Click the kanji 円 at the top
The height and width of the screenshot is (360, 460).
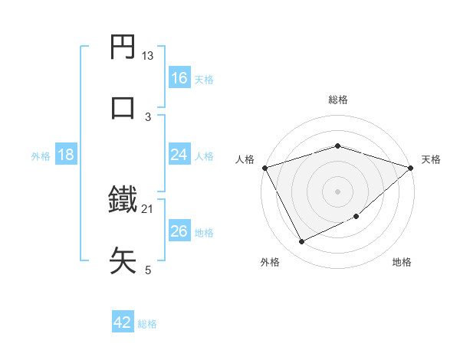(x=123, y=48)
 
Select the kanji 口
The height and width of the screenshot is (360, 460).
(x=123, y=107)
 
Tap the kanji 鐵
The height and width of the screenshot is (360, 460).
(x=123, y=200)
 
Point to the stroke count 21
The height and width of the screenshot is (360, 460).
(x=148, y=208)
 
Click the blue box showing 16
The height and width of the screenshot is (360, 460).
(x=179, y=78)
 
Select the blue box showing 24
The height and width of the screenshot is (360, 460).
(x=179, y=155)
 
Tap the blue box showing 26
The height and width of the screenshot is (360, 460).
(x=179, y=231)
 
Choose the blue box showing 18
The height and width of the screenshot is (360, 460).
(x=66, y=155)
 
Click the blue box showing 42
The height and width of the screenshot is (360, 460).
(x=123, y=322)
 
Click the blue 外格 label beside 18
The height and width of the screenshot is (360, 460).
(x=41, y=155)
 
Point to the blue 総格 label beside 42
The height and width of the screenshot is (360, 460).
(x=148, y=323)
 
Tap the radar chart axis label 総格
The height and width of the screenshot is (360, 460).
(x=338, y=100)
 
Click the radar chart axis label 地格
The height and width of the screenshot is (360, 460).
(x=402, y=263)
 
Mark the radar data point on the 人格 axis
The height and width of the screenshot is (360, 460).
(x=264, y=168)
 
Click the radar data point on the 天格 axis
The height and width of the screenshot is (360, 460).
(x=411, y=168)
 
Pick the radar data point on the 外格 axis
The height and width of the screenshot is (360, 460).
(x=301, y=242)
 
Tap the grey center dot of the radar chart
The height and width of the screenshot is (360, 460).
(x=338, y=191)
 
